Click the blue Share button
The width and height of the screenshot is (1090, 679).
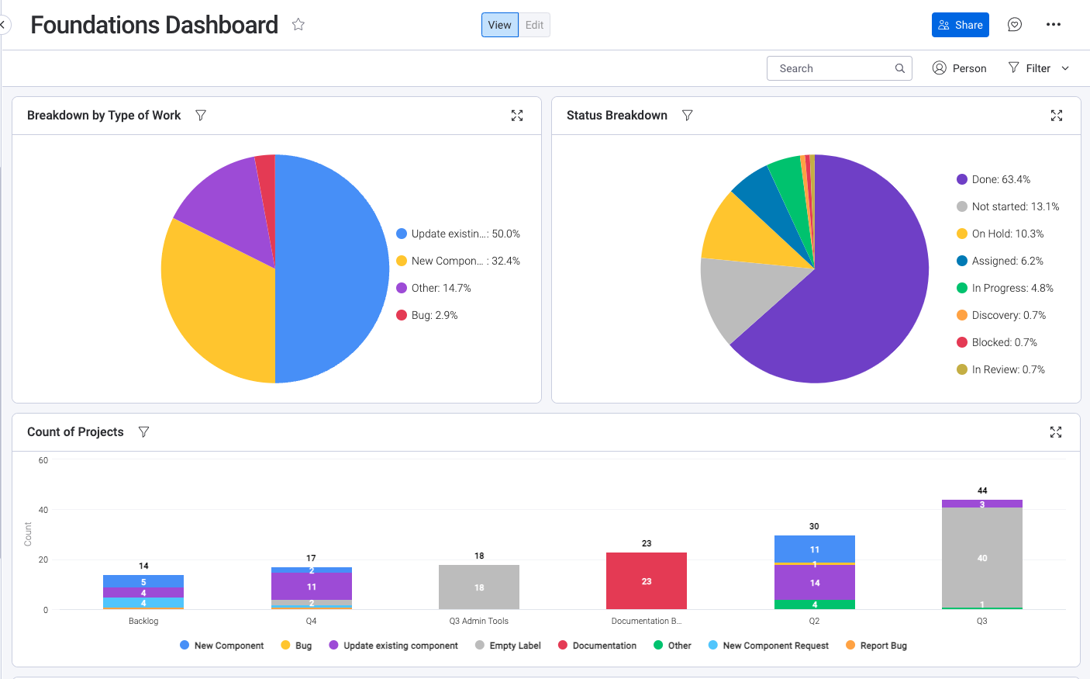tap(960, 25)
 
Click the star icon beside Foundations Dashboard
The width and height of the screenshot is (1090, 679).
tap(298, 25)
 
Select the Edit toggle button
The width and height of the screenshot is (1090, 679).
tap(534, 25)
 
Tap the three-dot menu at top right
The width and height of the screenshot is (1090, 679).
tap(1053, 25)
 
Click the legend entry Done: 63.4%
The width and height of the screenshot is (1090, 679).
tap(1000, 179)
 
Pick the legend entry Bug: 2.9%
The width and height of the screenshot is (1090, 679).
tap(433, 315)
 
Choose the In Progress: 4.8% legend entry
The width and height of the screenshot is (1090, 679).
tap(1012, 288)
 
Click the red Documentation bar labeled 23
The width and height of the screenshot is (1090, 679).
tap(646, 581)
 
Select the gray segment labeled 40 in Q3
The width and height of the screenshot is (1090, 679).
tap(981, 558)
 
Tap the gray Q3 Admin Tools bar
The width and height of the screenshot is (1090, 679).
tap(478, 587)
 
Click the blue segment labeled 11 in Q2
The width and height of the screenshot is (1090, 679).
tap(814, 549)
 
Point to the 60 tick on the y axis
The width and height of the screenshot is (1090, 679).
tap(43, 460)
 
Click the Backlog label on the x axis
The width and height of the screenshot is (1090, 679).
tap(143, 621)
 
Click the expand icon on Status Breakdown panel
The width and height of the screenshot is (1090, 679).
tap(1056, 116)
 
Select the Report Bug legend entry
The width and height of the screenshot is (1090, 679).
tap(882, 646)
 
